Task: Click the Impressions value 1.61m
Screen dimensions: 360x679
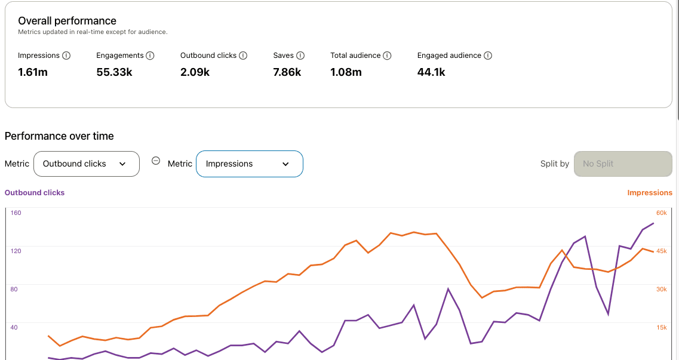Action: click(x=33, y=72)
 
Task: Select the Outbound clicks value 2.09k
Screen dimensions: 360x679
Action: click(x=195, y=72)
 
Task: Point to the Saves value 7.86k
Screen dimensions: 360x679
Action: click(x=287, y=72)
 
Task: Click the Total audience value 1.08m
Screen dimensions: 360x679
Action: click(x=346, y=72)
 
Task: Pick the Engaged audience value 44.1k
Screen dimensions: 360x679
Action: click(x=431, y=72)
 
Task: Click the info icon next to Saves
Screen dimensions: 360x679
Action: click(x=300, y=56)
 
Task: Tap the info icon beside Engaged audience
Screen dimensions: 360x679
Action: click(x=488, y=56)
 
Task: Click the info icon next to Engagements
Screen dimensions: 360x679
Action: click(x=150, y=56)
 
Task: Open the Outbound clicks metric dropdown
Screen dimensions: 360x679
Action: click(x=87, y=164)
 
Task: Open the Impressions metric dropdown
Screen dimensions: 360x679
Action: click(x=250, y=164)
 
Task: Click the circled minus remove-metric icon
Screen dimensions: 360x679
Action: click(x=156, y=161)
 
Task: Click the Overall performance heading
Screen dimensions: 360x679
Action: click(x=67, y=21)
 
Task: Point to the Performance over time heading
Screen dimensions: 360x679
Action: click(x=59, y=136)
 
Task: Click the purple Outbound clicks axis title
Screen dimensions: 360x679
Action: click(x=35, y=193)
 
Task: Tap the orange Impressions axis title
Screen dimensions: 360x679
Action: click(x=650, y=193)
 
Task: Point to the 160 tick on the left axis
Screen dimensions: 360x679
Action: click(x=16, y=213)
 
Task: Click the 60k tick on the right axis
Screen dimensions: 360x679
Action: click(x=661, y=213)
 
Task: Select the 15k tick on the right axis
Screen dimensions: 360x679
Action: click(x=661, y=327)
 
